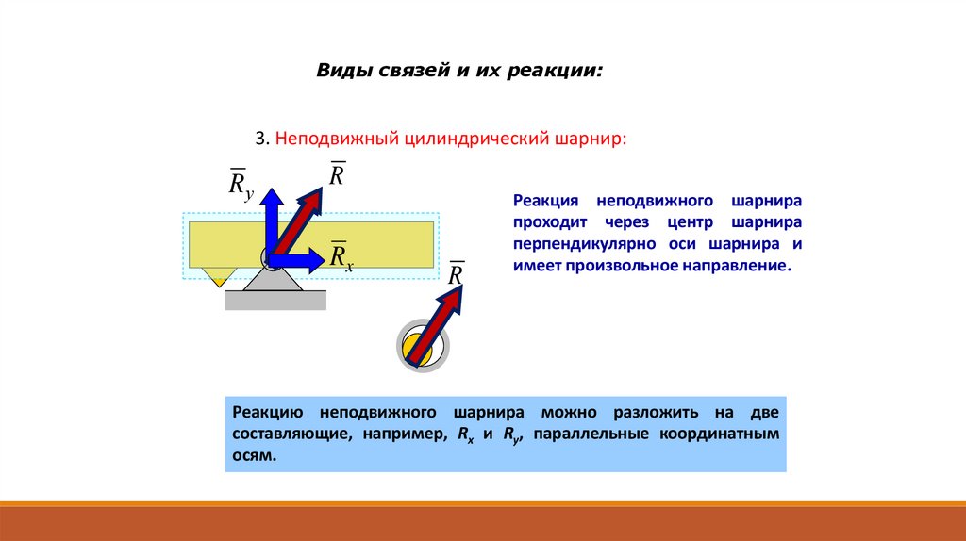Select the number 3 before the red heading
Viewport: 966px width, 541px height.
[x=259, y=138]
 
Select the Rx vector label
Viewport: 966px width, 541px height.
[x=341, y=256]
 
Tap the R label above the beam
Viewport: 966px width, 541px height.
[x=338, y=175]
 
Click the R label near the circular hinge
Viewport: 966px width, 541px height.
[x=457, y=274]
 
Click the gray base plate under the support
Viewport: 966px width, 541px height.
[x=275, y=300]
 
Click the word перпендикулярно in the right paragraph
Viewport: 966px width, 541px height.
[x=578, y=244]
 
